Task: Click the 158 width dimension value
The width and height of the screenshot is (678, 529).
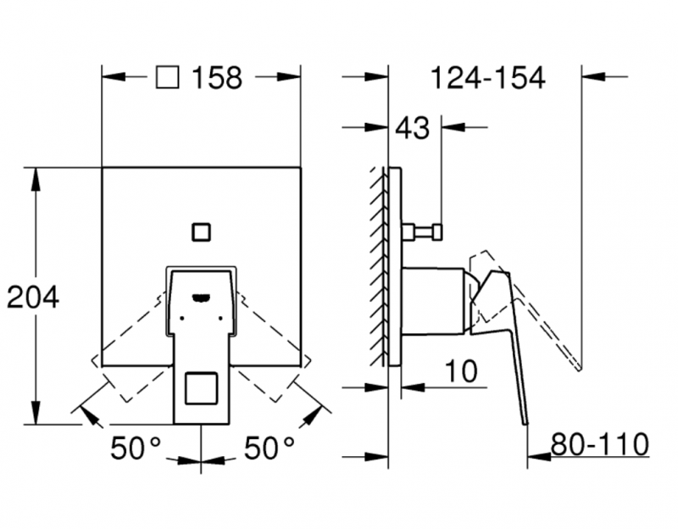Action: point(216,78)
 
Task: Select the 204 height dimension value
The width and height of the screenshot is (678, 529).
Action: point(33,297)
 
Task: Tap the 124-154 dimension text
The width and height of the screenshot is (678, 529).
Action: point(486,78)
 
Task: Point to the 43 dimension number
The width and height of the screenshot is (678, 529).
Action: point(413,128)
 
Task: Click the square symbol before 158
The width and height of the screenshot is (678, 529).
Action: point(168,78)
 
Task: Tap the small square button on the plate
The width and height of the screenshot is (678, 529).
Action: point(201,231)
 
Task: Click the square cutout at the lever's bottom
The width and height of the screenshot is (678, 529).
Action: point(201,389)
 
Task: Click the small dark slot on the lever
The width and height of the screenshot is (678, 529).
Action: point(201,297)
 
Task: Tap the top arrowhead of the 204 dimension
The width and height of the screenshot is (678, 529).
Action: point(36,175)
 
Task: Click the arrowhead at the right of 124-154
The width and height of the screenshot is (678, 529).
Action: point(592,77)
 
